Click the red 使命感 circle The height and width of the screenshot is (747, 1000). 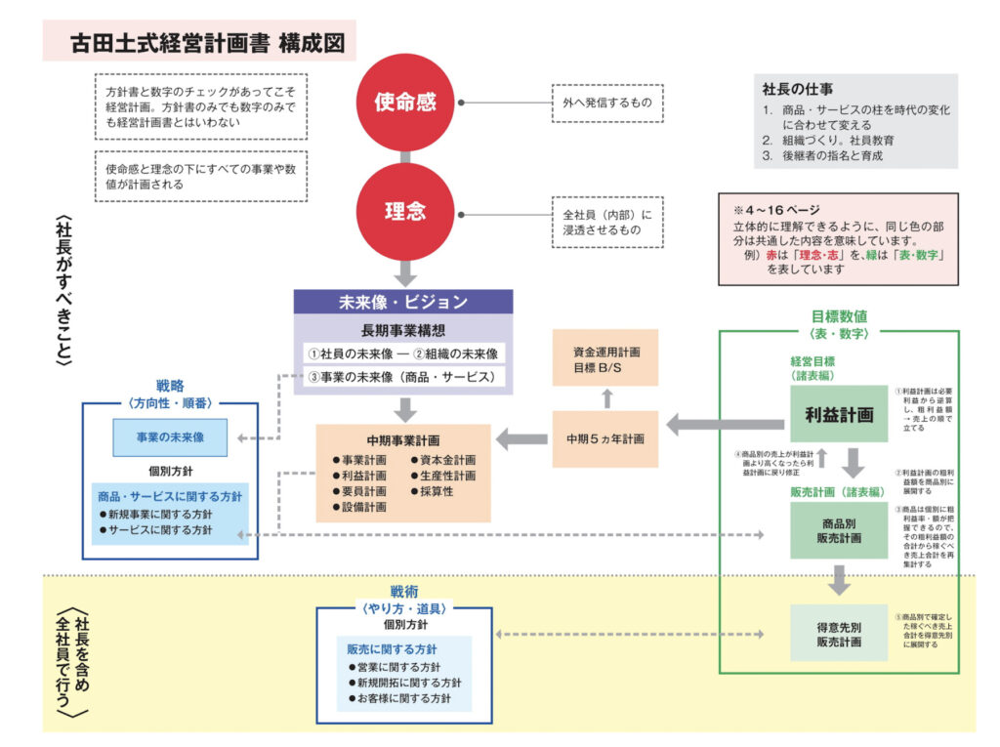(x=405, y=102)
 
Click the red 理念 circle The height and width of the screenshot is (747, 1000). (x=405, y=211)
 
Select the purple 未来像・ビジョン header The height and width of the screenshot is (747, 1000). (x=402, y=302)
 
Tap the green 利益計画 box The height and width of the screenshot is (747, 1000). (x=838, y=415)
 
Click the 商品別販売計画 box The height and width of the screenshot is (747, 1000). (x=838, y=531)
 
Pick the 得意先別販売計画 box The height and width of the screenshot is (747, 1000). (x=838, y=634)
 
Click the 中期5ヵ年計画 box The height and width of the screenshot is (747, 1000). (x=605, y=438)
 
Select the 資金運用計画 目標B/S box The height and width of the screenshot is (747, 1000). (x=605, y=358)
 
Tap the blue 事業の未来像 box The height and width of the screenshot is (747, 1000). (x=170, y=437)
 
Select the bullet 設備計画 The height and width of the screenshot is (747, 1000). (x=359, y=507)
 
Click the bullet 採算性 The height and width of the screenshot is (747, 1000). (x=439, y=491)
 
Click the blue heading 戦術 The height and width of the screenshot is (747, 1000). (x=403, y=592)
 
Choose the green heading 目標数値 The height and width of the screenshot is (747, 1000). (x=839, y=316)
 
